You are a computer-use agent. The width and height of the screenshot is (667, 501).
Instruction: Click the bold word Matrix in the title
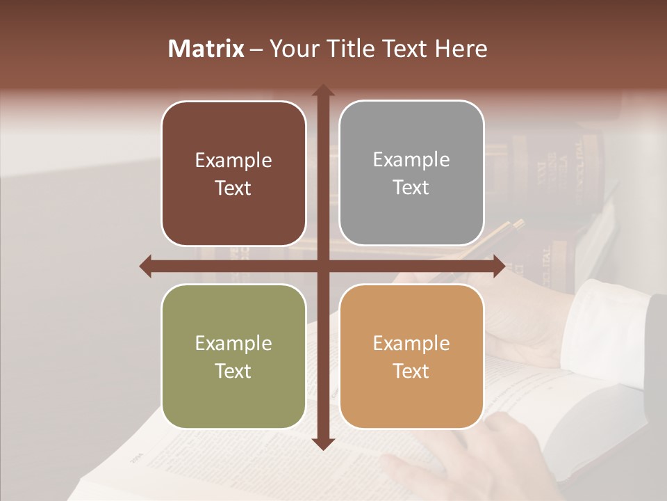(206, 49)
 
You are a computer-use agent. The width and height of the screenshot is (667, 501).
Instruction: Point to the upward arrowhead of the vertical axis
(322, 90)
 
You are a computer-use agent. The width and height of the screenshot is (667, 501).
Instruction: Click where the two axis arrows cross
(322, 266)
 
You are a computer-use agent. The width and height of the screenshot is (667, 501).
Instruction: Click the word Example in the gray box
(411, 160)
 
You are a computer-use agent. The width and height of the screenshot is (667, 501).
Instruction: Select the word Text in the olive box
(233, 371)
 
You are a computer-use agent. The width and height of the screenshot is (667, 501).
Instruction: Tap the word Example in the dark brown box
(233, 161)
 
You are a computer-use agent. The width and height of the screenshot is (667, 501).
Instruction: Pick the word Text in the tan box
(411, 371)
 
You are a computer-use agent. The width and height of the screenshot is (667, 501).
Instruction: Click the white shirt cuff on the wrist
(604, 324)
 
